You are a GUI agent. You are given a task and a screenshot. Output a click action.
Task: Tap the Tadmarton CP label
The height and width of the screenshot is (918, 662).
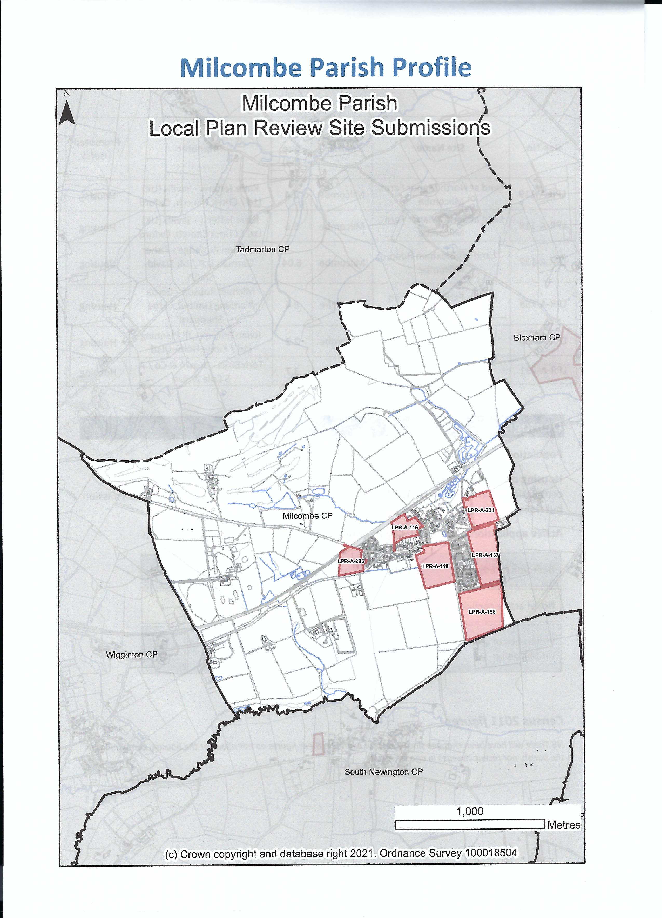[263, 249]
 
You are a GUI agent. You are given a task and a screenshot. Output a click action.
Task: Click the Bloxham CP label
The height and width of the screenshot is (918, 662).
[537, 338]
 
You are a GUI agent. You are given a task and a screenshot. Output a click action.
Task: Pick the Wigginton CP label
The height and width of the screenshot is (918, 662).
[131, 655]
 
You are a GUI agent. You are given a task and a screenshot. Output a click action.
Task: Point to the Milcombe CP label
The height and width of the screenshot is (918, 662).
[307, 516]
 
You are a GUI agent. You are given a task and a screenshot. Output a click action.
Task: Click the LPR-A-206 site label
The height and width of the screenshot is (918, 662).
[351, 561]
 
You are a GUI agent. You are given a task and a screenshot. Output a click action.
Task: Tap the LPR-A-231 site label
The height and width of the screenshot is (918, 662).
[481, 510]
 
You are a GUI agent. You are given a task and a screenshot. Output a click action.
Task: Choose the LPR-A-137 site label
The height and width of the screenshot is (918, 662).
[485, 555]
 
